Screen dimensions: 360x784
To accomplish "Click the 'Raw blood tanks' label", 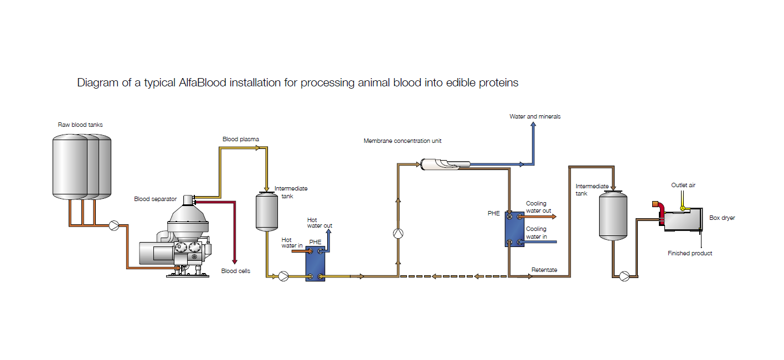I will click(x=80, y=125).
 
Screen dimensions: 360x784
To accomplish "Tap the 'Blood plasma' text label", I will click(x=241, y=139).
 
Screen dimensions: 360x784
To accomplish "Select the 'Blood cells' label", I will click(x=235, y=271).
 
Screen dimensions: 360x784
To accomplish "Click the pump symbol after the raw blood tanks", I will click(x=114, y=225).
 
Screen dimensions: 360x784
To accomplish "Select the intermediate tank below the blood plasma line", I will click(x=266, y=211).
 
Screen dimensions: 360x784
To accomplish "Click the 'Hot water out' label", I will click(x=319, y=223).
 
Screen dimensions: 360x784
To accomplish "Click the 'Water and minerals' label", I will click(x=535, y=116).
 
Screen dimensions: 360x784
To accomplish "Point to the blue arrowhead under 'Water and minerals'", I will click(x=534, y=125).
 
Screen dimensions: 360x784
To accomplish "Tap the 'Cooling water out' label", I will click(x=538, y=207).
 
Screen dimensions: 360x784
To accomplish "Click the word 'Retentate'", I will click(x=544, y=270).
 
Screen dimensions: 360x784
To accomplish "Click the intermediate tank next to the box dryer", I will click(x=613, y=215).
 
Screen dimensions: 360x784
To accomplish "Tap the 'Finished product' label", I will click(x=689, y=253).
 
